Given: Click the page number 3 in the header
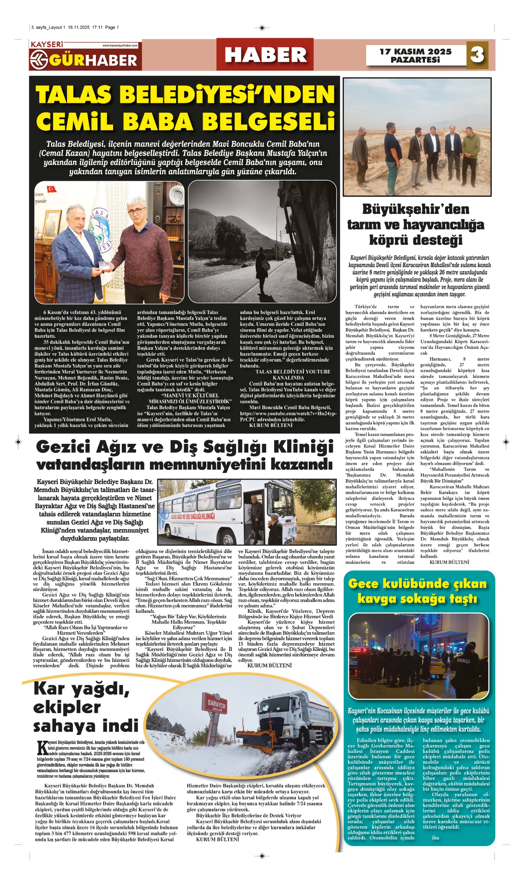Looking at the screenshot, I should [x=477, y=55].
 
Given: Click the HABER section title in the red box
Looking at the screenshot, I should [x=265, y=55].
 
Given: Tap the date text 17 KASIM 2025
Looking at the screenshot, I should [x=415, y=51].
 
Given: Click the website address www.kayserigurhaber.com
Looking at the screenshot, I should [x=120, y=46].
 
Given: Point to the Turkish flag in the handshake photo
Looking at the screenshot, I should [x=51, y=189].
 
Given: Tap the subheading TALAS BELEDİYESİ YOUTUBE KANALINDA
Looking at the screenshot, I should [x=293, y=375].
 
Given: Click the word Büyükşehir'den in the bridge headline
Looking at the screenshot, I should [x=415, y=209].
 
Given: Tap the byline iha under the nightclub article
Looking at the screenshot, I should [x=435, y=838].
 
